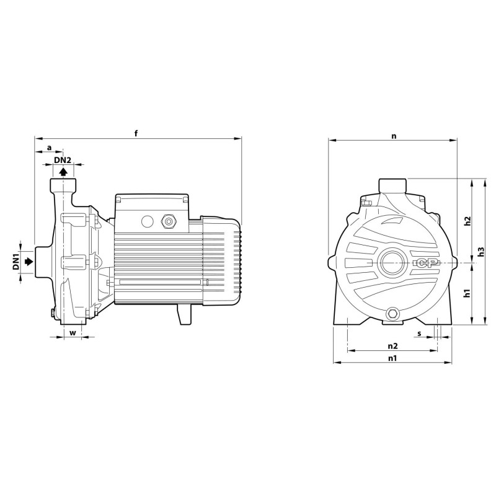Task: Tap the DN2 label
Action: [x=63, y=160]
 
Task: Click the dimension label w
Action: [x=73, y=332]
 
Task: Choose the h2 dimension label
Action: [x=468, y=221]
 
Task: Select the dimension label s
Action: [x=420, y=334]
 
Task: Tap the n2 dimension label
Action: [x=392, y=345]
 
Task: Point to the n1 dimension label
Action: [x=392, y=358]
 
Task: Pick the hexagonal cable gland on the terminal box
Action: [x=168, y=221]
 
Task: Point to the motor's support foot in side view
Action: [x=184, y=314]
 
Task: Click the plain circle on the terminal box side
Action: [x=147, y=221]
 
